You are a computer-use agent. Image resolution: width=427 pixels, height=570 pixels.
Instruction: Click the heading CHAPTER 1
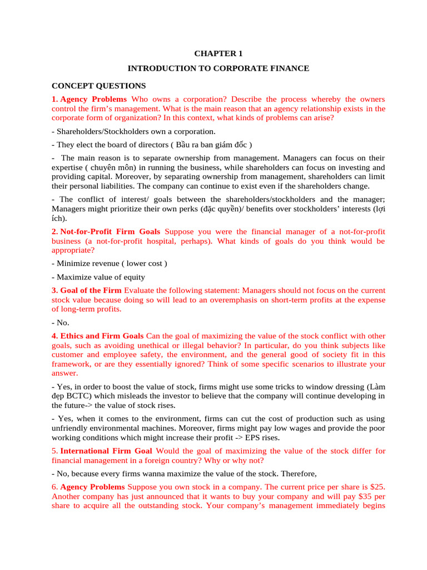click(218, 54)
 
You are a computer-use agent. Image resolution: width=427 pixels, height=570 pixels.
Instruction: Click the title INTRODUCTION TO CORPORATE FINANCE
click(218, 68)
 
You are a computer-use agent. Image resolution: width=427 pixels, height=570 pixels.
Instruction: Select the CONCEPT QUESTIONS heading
click(98, 86)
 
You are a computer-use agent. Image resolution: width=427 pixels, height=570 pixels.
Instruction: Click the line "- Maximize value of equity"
click(98, 277)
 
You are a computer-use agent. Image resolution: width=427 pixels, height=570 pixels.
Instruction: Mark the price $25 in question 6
click(376, 487)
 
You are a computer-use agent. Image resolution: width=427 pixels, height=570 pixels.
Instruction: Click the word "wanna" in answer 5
click(138, 474)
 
